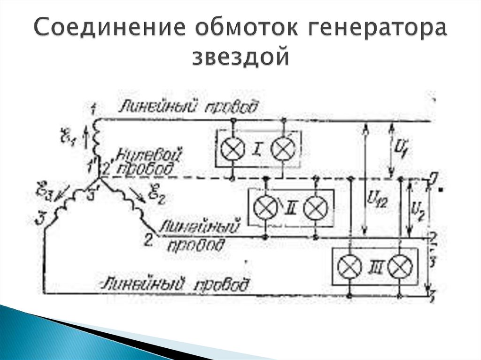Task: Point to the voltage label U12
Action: pyautogui.click(x=374, y=203)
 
